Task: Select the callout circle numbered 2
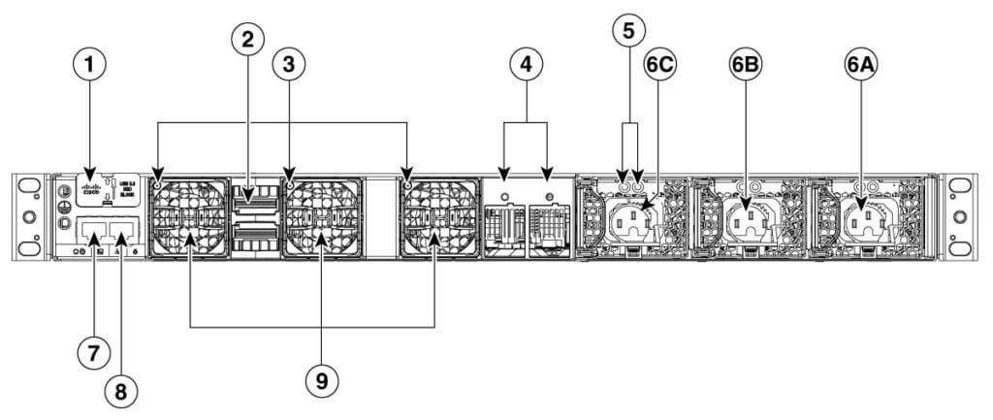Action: point(248,40)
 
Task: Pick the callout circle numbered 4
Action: point(525,66)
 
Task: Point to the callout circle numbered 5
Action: point(629,31)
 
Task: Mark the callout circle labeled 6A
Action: point(861,66)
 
